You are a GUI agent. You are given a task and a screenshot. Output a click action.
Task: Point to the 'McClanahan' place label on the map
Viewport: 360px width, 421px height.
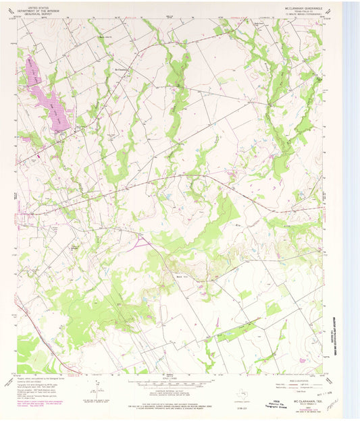click(122, 68)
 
